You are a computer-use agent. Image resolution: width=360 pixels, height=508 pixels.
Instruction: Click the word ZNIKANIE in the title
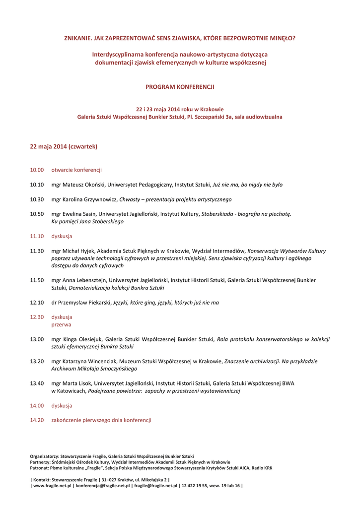click(x=78, y=38)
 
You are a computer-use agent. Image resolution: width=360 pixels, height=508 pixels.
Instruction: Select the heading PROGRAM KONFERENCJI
click(x=180, y=87)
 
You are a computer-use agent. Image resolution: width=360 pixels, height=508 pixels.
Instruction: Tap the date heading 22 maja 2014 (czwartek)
click(x=64, y=147)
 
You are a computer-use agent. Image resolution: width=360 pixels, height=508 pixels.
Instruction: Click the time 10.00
click(x=37, y=170)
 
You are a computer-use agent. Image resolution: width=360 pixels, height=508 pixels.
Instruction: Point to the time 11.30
click(x=37, y=251)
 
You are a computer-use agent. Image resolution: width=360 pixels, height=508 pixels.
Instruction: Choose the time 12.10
click(x=37, y=302)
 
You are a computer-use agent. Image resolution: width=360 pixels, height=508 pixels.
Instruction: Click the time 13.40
click(x=37, y=383)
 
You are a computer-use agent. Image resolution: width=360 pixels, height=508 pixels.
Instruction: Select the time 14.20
click(x=37, y=420)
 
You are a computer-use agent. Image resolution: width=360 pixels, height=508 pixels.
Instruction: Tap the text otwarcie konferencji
click(x=76, y=170)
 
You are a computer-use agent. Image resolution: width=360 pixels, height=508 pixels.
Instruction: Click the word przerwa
click(x=61, y=324)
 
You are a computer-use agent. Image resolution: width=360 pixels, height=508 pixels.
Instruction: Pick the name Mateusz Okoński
click(x=83, y=185)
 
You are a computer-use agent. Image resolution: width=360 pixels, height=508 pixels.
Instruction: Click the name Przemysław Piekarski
click(x=84, y=302)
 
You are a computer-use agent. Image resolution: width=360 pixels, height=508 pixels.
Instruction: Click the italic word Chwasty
click(x=130, y=199)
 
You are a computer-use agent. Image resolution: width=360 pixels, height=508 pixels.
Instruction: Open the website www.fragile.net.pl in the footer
click(x=53, y=486)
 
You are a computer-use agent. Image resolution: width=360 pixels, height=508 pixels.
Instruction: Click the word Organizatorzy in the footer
click(x=44, y=456)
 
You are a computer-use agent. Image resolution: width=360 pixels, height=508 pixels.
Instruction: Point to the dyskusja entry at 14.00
click(x=62, y=405)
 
